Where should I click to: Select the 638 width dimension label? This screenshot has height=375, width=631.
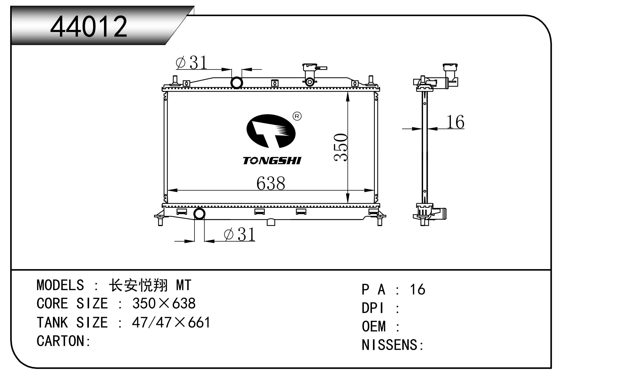pyautogui.click(x=271, y=183)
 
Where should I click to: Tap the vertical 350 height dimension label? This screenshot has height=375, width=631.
pyautogui.click(x=341, y=147)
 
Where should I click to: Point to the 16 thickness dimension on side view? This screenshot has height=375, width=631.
pyautogui.click(x=455, y=122)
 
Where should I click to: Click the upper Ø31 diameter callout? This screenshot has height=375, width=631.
pyautogui.click(x=192, y=63)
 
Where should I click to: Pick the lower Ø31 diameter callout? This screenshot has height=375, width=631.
pyautogui.click(x=240, y=234)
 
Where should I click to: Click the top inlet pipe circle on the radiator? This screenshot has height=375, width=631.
pyautogui.click(x=237, y=83)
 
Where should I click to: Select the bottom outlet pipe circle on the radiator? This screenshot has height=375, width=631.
pyautogui.click(x=199, y=214)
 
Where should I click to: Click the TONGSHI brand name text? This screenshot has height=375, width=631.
pyautogui.click(x=272, y=161)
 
